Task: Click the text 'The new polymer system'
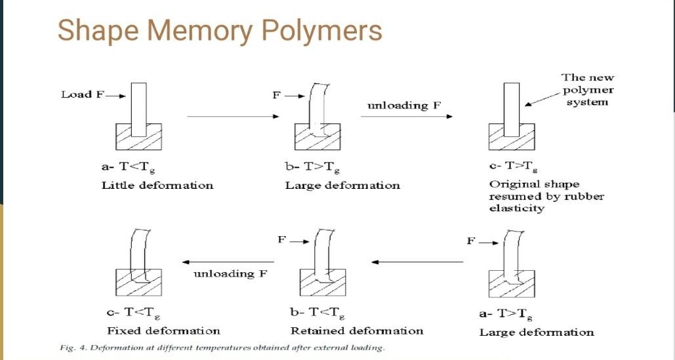click(587, 90)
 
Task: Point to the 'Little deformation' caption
click(157, 186)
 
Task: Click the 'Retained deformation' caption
click(357, 330)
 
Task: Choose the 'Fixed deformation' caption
click(163, 330)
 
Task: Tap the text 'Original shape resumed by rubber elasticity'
click(537, 196)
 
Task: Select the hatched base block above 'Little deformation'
click(139, 136)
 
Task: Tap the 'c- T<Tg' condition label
click(132, 313)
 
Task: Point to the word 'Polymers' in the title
click(317, 31)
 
